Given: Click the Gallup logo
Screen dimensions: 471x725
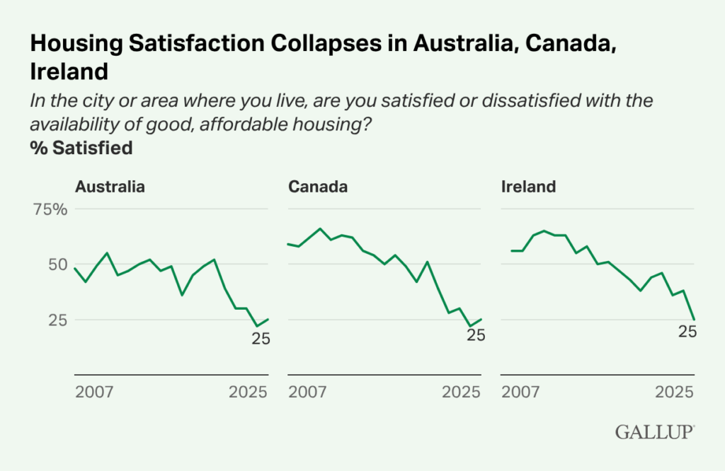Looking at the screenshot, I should pyautogui.click(x=654, y=431).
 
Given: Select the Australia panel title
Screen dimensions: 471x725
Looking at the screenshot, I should pyautogui.click(x=110, y=187).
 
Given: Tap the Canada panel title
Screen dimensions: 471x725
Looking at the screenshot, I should pyautogui.click(x=317, y=187).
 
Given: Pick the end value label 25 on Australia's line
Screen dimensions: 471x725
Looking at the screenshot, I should pyautogui.click(x=261, y=339).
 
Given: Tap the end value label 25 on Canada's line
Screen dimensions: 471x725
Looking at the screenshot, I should pyautogui.click(x=476, y=335).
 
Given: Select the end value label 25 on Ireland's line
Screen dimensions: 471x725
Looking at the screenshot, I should pyautogui.click(x=687, y=331).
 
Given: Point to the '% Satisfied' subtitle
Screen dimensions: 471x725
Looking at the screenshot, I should pyautogui.click(x=81, y=149).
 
